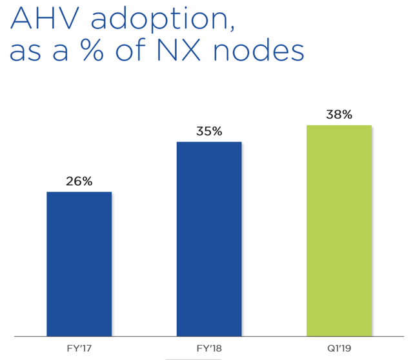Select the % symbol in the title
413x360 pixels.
click(x=105, y=50)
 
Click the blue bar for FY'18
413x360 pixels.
click(x=208, y=239)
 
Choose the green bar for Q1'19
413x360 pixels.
click(x=339, y=230)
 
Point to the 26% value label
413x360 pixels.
click(x=79, y=181)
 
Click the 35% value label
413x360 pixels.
click(x=208, y=132)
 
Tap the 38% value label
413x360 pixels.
click(x=339, y=115)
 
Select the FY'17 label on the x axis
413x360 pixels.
click(x=79, y=348)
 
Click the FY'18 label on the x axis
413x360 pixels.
click(x=208, y=348)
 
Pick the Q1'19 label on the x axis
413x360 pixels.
click(x=339, y=348)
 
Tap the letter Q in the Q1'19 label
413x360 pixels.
click(x=328, y=348)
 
